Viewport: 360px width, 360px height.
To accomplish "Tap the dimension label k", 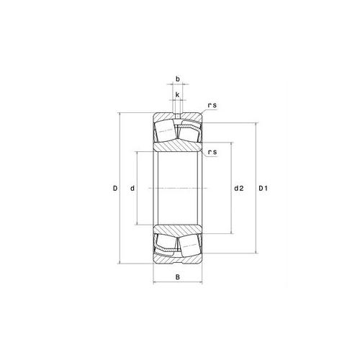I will click(177, 94).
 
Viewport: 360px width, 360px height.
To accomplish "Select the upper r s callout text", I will click(212, 107).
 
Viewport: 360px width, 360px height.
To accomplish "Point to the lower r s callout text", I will click(212, 153).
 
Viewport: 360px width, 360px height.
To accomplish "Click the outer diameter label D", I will click(114, 189).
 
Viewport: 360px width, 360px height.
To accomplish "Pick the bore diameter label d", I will click(132, 189).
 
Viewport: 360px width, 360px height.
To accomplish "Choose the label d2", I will click(240, 189).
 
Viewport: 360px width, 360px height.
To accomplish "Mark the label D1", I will click(264, 189).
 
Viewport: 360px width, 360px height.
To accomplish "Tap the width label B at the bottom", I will click(177, 277).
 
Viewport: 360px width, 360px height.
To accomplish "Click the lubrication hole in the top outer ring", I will click(177, 116).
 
